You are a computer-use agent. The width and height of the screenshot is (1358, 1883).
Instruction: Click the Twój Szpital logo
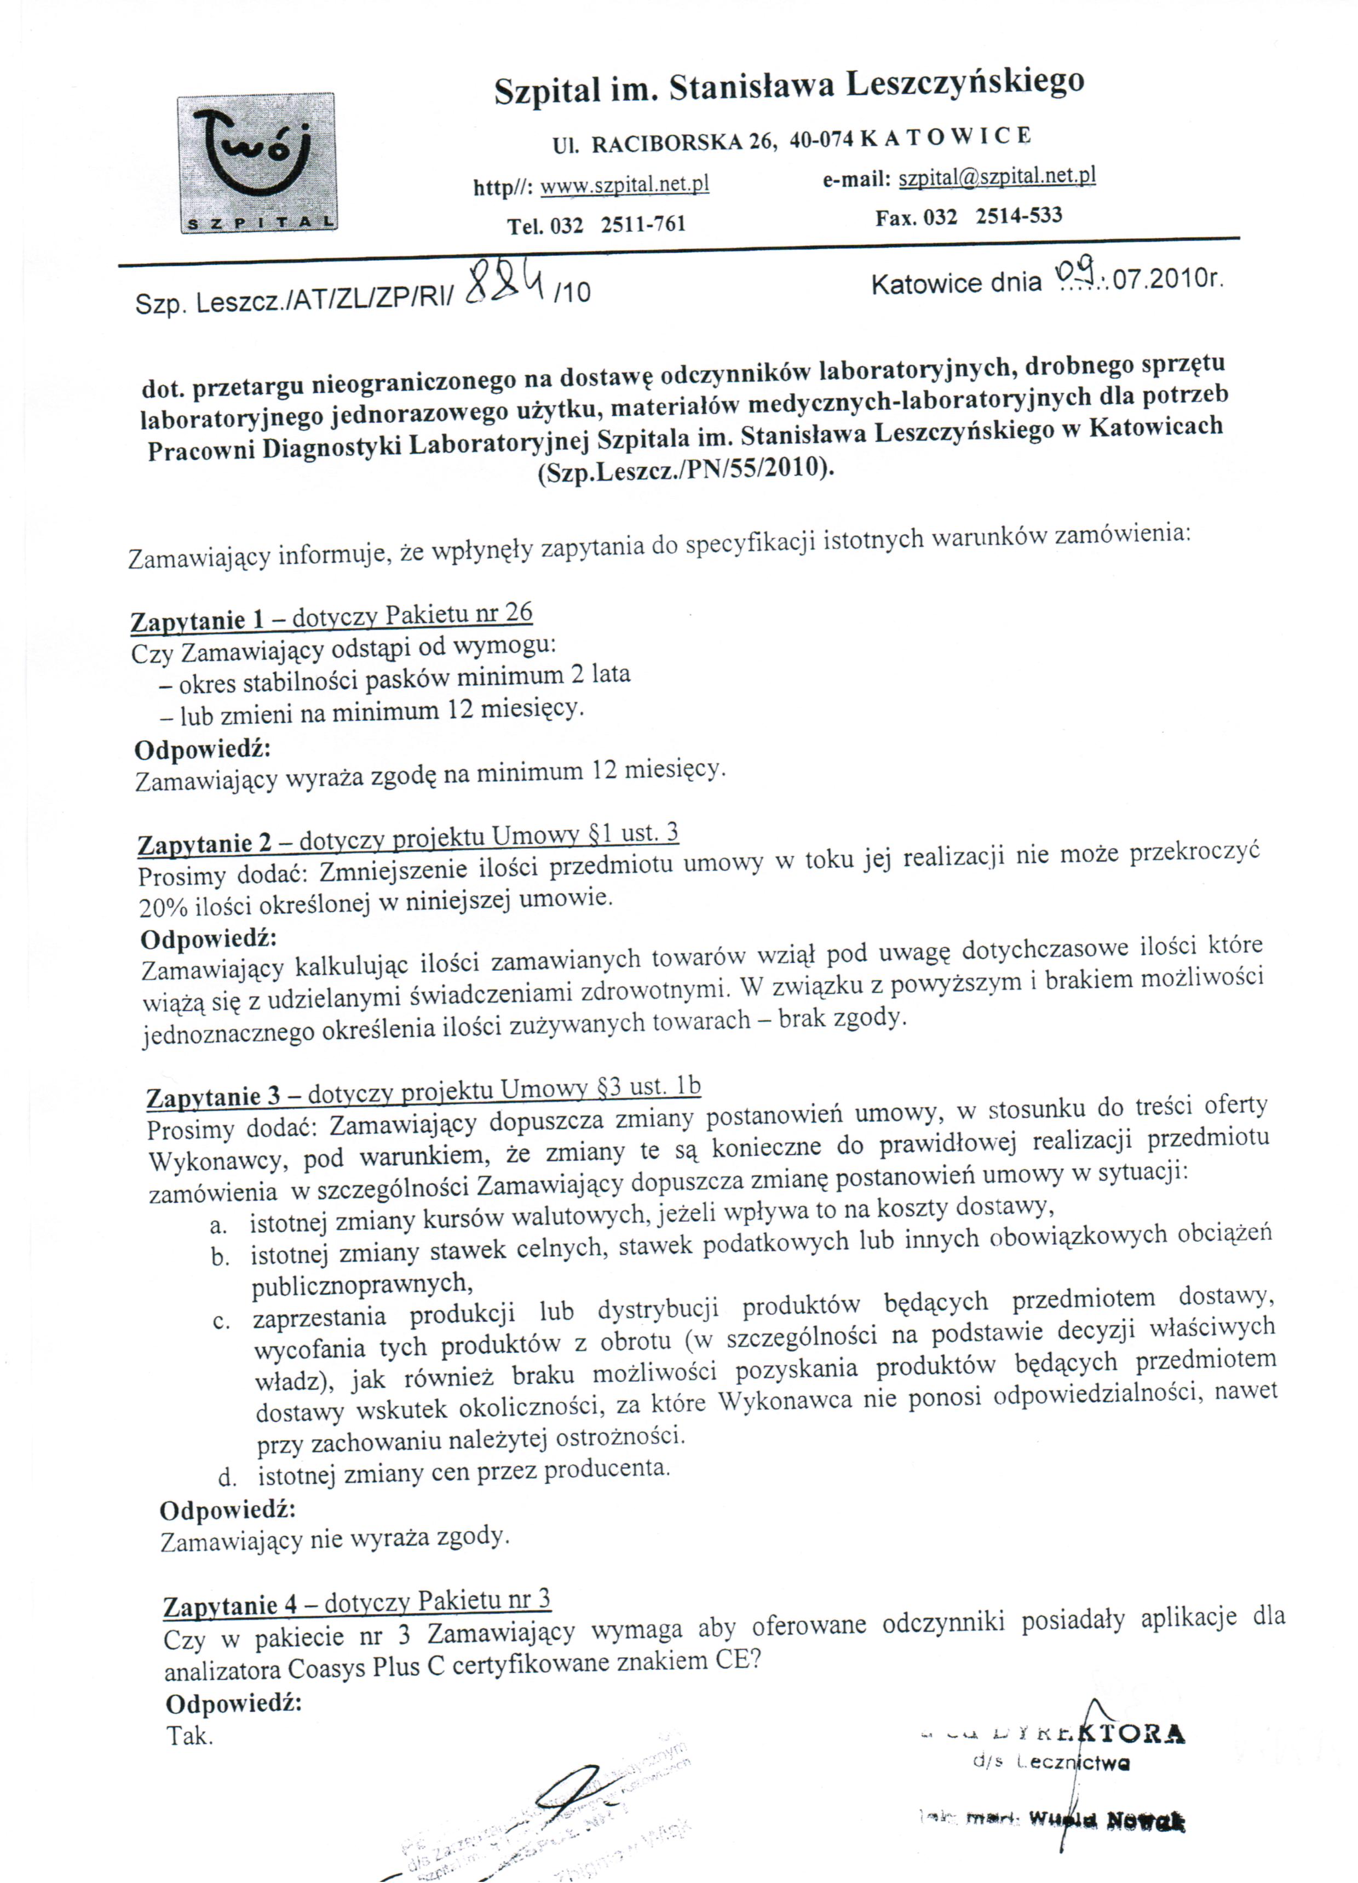click(257, 163)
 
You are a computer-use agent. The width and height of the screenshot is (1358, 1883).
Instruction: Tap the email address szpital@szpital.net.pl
click(997, 176)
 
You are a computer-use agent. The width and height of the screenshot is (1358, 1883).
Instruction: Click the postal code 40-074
click(821, 140)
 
